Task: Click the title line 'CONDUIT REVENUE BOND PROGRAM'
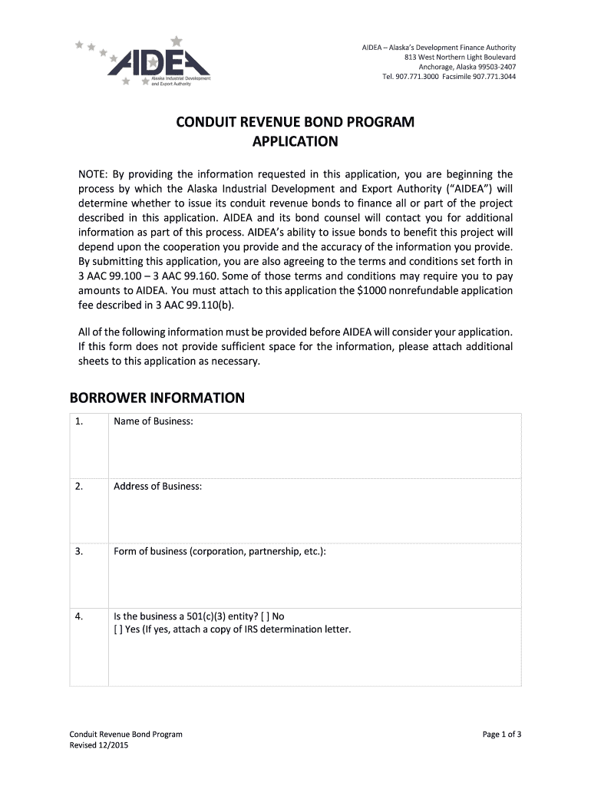click(295, 122)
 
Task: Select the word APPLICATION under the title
click(295, 141)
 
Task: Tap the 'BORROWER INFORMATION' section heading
click(157, 398)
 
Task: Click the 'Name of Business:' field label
click(154, 421)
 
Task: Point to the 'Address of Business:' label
click(157, 487)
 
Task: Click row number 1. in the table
click(79, 421)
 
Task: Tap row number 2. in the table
click(79, 487)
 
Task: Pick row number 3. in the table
click(79, 551)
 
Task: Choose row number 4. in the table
click(79, 616)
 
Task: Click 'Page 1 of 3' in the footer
click(502, 735)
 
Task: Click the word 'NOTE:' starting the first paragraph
click(94, 174)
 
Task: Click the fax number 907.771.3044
click(494, 77)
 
